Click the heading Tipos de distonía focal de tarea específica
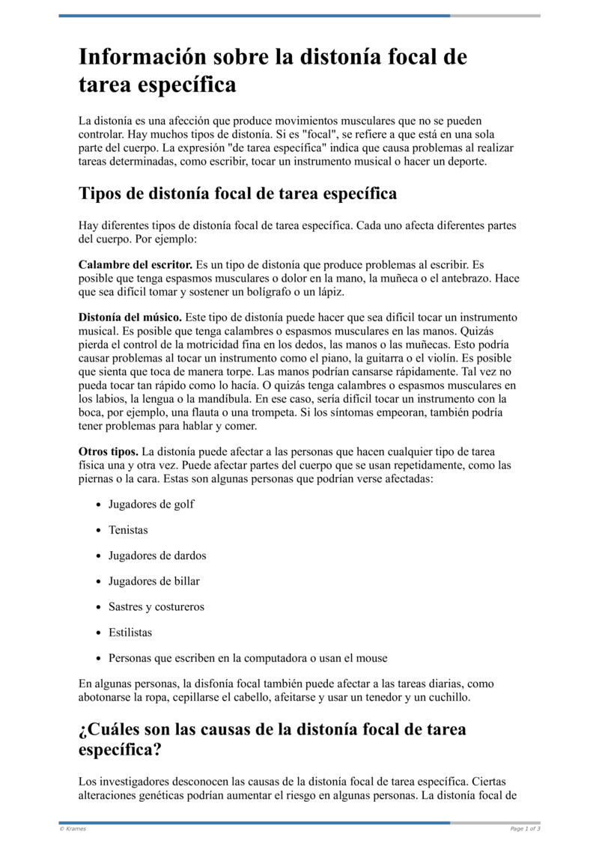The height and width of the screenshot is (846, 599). (237, 193)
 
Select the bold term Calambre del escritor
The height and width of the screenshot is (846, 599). (136, 265)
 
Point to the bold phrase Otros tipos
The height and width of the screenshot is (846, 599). (109, 451)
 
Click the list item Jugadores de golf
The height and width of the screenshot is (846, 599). (151, 505)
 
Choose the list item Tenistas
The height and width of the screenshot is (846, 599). (128, 530)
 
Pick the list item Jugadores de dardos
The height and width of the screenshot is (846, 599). (157, 556)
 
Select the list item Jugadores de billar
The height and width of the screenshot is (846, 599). (154, 581)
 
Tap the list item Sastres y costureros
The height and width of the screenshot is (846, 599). (156, 606)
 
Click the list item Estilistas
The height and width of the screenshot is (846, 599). (130, 633)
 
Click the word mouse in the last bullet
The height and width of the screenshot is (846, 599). (371, 658)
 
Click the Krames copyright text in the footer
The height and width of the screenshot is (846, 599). (73, 829)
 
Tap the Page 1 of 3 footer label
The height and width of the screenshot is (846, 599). (525, 829)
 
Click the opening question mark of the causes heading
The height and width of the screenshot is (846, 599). (83, 729)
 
